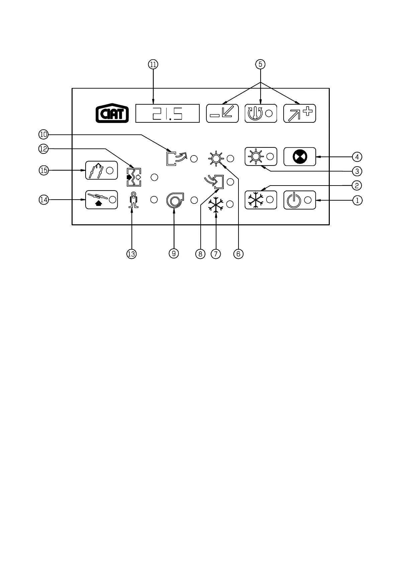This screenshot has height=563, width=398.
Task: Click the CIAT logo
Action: [112, 113]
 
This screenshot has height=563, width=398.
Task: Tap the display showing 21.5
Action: [167, 113]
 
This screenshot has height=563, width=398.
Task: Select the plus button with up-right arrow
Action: [299, 113]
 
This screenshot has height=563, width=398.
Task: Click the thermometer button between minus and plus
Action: [261, 113]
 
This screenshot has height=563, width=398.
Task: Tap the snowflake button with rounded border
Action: [261, 200]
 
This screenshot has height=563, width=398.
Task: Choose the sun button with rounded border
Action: [261, 156]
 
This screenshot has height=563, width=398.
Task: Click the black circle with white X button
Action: [299, 156]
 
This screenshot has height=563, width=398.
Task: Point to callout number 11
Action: [153, 65]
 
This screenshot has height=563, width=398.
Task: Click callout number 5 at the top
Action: [260, 64]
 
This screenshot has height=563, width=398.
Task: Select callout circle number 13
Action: [131, 254]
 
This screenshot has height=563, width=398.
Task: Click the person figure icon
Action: [133, 200]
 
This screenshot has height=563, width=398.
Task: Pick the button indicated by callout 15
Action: [101, 170]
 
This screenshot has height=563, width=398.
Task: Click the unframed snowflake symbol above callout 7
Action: [216, 205]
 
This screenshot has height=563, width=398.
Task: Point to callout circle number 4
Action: [357, 156]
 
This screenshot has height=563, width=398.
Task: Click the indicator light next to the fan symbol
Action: [194, 200]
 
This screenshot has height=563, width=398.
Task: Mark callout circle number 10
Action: [43, 135]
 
